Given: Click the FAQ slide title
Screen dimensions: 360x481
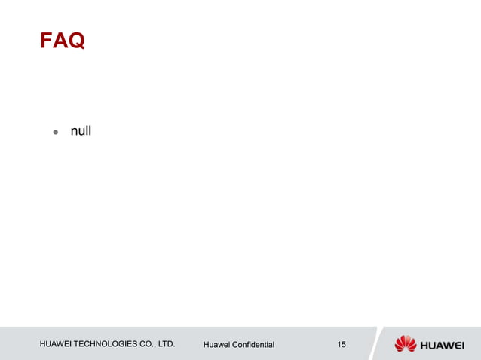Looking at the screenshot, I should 62,41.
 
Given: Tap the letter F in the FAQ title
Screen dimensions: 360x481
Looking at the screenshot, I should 46,41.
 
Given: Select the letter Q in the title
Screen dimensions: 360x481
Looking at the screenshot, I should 76,41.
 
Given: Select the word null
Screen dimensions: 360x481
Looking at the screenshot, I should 81,131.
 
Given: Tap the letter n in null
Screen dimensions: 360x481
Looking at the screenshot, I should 74,132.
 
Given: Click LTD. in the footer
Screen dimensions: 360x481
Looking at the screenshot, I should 167,344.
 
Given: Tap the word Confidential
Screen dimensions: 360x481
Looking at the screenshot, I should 255,345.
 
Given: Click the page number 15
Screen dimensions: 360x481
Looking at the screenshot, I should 342,344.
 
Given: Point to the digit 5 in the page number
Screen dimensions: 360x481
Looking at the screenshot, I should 344,344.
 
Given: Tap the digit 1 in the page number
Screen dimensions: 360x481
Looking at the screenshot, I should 339,344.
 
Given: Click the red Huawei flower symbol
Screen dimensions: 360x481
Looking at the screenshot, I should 406,344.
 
